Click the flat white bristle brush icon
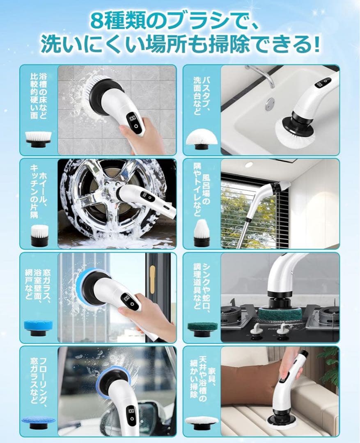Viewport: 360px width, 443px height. pyautogui.click(x=38, y=139)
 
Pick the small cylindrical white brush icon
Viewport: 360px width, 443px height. pyautogui.click(x=39, y=235)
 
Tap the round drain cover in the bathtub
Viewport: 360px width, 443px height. pyautogui.click(x=270, y=103)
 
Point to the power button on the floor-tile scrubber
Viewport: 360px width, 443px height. pyautogui.click(x=136, y=126)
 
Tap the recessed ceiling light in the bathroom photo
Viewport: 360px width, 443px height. pyautogui.click(x=249, y=165)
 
